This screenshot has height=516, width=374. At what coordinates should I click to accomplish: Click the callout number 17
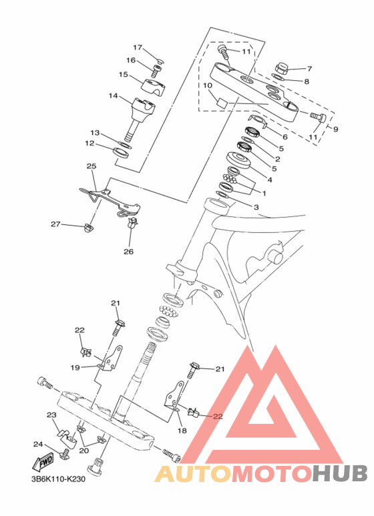[138, 47]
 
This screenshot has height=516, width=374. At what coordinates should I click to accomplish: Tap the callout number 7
[309, 69]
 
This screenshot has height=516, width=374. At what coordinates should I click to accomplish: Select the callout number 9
[335, 130]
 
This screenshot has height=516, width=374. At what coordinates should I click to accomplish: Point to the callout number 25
[91, 166]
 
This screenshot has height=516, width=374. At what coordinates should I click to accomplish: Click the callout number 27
[55, 224]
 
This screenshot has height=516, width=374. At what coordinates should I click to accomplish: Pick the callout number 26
[129, 252]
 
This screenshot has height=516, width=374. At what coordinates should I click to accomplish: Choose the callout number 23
[51, 415]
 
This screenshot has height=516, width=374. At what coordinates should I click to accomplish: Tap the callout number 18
[182, 431]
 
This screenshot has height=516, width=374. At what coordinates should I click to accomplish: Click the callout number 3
[256, 208]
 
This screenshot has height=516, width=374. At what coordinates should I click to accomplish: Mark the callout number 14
[114, 95]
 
